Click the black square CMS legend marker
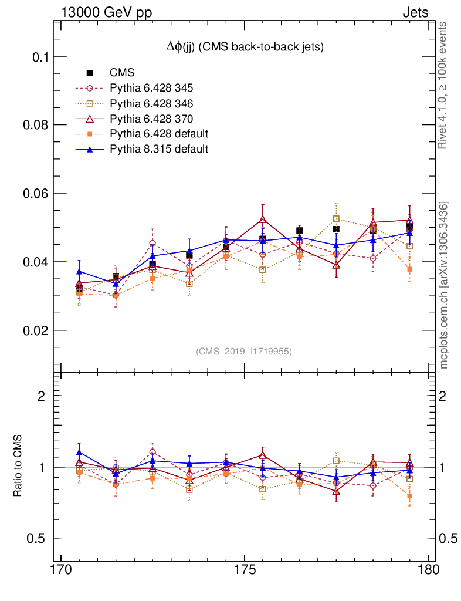90,73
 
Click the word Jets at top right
415,12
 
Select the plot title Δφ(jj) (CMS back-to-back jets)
245,47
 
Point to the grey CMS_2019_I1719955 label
244,351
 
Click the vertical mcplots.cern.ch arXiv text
445,285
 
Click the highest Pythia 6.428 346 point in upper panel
336,219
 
